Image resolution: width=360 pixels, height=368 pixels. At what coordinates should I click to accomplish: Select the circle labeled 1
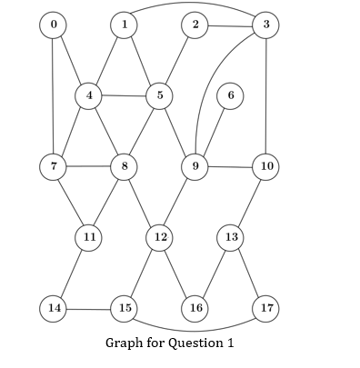(124, 25)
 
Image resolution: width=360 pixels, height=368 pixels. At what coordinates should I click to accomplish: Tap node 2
(195, 25)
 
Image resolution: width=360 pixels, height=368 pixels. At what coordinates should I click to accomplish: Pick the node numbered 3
(265, 25)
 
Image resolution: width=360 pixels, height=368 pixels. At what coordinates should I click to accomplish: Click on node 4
(88, 95)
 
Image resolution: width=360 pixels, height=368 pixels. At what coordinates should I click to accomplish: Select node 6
(230, 95)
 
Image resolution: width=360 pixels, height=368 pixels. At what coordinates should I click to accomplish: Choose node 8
(124, 166)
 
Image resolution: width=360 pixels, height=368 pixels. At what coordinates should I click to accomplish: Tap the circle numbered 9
(195, 166)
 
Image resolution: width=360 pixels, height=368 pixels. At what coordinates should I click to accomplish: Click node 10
(265, 166)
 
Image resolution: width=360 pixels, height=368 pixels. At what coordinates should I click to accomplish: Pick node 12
(159, 237)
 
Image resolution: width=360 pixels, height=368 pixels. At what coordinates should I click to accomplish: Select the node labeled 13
(230, 237)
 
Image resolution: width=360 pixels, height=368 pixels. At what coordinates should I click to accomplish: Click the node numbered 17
(265, 308)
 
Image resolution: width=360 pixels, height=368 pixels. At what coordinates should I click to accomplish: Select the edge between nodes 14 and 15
(88, 309)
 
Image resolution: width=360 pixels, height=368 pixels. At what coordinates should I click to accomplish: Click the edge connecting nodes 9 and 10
(230, 167)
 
